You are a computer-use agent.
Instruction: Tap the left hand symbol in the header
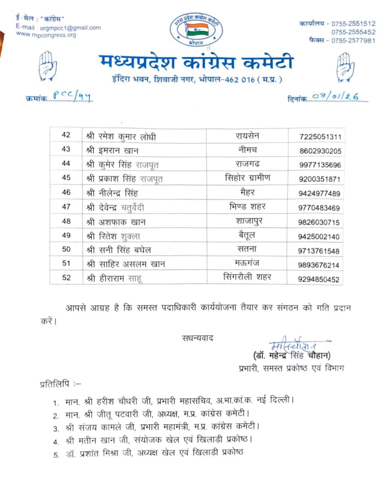tap(47, 66)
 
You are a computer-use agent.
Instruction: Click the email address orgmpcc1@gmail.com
tap(70, 28)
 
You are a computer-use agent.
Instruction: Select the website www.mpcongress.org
tap(46, 35)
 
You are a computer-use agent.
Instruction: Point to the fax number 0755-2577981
tap(353, 40)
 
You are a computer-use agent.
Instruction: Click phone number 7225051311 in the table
tap(320, 137)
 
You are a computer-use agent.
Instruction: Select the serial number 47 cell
tap(66, 207)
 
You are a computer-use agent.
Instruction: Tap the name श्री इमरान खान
tap(112, 151)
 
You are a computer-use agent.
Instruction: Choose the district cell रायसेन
tap(247, 136)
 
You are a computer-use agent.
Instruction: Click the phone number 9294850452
tap(319, 279)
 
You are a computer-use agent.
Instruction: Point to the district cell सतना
tap(247, 249)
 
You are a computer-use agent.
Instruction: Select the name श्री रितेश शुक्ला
tap(113, 236)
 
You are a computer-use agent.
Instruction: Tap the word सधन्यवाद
tap(198, 338)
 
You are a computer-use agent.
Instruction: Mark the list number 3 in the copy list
tap(56, 429)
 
